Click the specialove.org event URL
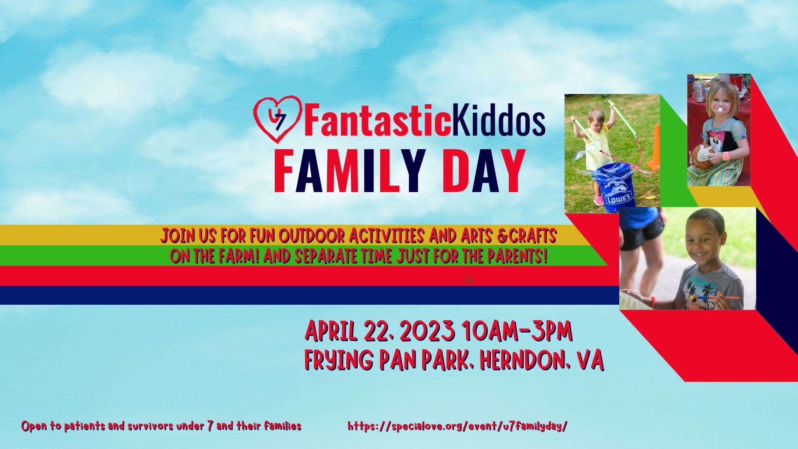[x=458, y=426]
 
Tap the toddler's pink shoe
[x=598, y=201]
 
